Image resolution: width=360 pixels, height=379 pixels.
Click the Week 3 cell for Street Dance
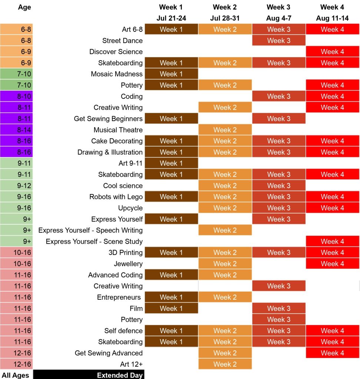tap(279, 41)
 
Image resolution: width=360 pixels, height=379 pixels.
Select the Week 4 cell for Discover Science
tap(332, 52)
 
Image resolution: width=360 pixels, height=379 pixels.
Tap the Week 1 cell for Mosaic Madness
tap(171, 74)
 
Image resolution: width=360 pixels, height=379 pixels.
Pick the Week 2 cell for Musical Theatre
tap(225, 130)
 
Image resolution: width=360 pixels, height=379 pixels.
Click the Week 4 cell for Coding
tap(332, 97)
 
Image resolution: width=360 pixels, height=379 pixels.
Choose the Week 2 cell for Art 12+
tap(225, 364)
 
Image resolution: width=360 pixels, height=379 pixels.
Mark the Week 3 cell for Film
tap(279, 308)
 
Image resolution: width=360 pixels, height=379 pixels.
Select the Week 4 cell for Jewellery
tap(332, 264)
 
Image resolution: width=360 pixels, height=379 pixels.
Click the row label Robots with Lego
tap(116, 197)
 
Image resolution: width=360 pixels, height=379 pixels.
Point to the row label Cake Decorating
tap(117, 141)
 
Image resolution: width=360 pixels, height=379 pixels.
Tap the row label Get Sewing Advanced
tap(109, 353)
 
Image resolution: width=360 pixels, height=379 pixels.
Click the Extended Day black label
tap(89, 375)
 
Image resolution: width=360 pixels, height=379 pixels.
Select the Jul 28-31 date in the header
tap(225, 19)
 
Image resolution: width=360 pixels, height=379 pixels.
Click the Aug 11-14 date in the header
tap(332, 19)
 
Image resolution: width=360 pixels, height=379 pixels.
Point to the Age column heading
tap(24, 7)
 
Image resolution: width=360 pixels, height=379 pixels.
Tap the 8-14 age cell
tap(17, 130)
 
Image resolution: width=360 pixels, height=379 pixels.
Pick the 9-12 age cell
tap(17, 186)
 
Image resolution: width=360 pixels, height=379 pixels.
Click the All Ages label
tap(16, 375)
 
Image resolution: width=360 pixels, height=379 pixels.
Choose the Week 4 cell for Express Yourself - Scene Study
tap(332, 241)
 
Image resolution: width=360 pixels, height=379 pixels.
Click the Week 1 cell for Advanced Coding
tap(171, 275)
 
